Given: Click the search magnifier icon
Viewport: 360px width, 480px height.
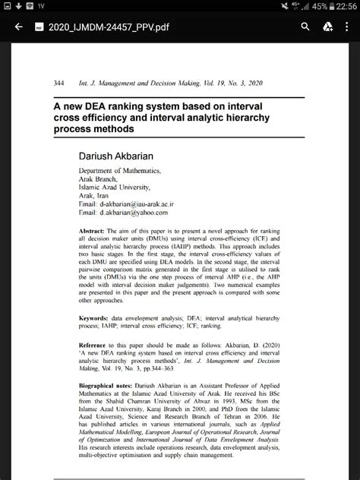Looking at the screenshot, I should [305, 27].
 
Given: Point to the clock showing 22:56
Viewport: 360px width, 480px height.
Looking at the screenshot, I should [343, 6].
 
